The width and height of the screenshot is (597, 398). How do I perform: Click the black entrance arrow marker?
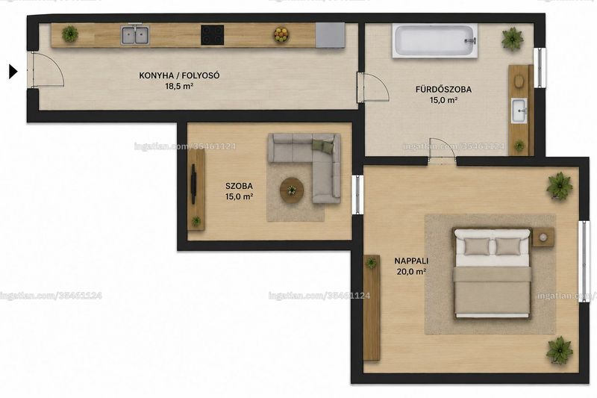(x=13, y=71)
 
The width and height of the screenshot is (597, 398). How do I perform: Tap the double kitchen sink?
(x=135, y=34)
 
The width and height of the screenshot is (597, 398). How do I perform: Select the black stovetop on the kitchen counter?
(x=213, y=34)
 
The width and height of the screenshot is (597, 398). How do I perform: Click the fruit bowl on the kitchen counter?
(x=282, y=34)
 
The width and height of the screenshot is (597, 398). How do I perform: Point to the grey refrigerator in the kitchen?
(x=330, y=35)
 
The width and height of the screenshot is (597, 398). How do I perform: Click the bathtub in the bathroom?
(x=435, y=41)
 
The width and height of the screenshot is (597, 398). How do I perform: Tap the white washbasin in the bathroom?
(x=519, y=111)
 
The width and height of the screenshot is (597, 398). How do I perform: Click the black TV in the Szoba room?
(x=193, y=184)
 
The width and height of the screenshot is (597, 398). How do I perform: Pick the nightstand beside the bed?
(x=543, y=237)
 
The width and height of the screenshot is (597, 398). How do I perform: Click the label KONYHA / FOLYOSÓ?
(x=179, y=75)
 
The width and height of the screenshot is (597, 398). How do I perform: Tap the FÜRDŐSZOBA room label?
(x=443, y=90)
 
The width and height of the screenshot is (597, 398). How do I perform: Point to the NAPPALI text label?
(x=411, y=261)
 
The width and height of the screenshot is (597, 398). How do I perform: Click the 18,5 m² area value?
(x=179, y=86)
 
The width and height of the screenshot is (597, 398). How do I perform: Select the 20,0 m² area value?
(x=411, y=272)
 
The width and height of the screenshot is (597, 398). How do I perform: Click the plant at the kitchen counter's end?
(x=70, y=34)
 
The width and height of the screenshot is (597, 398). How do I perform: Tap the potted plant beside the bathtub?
(x=512, y=38)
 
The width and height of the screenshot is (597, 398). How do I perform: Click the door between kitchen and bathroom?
(x=373, y=87)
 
